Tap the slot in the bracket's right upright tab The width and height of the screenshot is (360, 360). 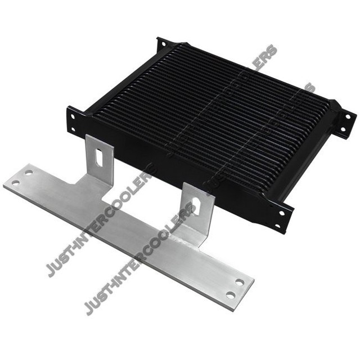196,206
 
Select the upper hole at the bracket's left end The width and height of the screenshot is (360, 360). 28,173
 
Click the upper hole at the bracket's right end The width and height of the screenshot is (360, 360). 240,282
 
